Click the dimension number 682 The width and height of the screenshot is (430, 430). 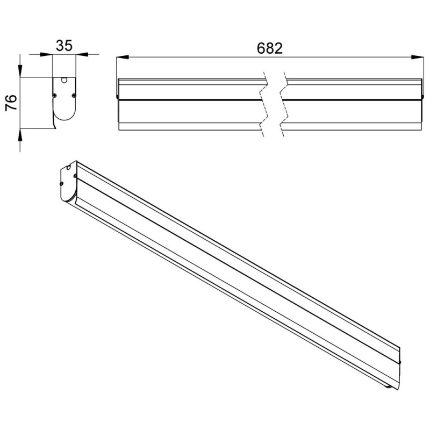270,48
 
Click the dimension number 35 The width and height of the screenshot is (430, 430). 64,46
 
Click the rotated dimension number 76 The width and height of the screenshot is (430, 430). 11,103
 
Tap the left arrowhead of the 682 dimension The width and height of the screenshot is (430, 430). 123,57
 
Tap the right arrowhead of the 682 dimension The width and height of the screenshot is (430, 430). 418,57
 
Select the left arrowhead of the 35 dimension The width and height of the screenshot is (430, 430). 46,55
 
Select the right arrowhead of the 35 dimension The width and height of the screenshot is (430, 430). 82,55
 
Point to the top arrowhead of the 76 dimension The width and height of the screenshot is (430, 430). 20,71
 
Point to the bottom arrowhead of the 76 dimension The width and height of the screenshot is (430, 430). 20,135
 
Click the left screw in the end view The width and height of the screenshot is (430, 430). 55,95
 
